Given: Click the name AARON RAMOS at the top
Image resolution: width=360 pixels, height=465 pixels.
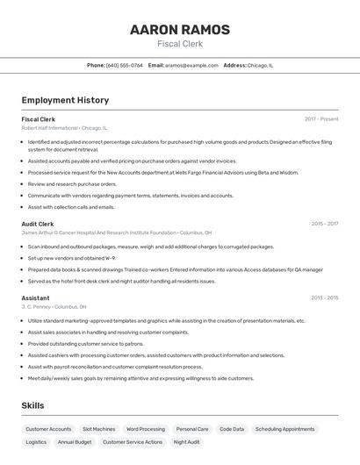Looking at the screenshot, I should click(x=180, y=30).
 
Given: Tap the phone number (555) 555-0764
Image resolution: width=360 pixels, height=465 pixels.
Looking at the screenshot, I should click(x=125, y=65).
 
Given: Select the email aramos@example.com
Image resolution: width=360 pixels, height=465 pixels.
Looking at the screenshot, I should click(x=192, y=65).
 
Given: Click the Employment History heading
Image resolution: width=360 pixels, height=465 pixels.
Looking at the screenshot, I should click(x=65, y=100).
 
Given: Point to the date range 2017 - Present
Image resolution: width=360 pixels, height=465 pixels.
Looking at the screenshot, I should click(x=321, y=118).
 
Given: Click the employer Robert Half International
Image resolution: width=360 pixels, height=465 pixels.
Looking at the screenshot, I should click(x=50, y=127).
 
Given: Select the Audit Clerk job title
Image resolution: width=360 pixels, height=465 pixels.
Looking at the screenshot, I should click(x=38, y=224).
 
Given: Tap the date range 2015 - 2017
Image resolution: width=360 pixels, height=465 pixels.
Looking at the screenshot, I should click(x=325, y=224).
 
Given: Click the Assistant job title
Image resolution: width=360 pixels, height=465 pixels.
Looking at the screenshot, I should click(x=36, y=297).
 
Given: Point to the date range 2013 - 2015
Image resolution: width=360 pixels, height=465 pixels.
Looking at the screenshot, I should click(x=325, y=297).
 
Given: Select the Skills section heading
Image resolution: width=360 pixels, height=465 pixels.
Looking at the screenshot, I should click(x=32, y=405).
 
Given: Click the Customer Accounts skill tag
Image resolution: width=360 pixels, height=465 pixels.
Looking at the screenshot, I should click(x=48, y=429).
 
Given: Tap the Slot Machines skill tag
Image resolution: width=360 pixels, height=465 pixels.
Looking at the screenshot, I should click(x=98, y=429).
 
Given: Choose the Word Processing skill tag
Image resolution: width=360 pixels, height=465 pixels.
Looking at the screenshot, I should click(x=146, y=429).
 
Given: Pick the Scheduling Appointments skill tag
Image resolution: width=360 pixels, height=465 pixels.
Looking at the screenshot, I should click(x=285, y=429).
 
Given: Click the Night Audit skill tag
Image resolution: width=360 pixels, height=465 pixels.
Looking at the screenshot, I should click(x=187, y=442).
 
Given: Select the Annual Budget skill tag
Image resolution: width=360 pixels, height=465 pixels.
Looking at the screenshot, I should click(x=75, y=442).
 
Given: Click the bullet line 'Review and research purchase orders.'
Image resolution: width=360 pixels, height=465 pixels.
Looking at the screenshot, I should click(x=72, y=184).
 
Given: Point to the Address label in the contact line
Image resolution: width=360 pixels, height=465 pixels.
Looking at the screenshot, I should click(x=234, y=65).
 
